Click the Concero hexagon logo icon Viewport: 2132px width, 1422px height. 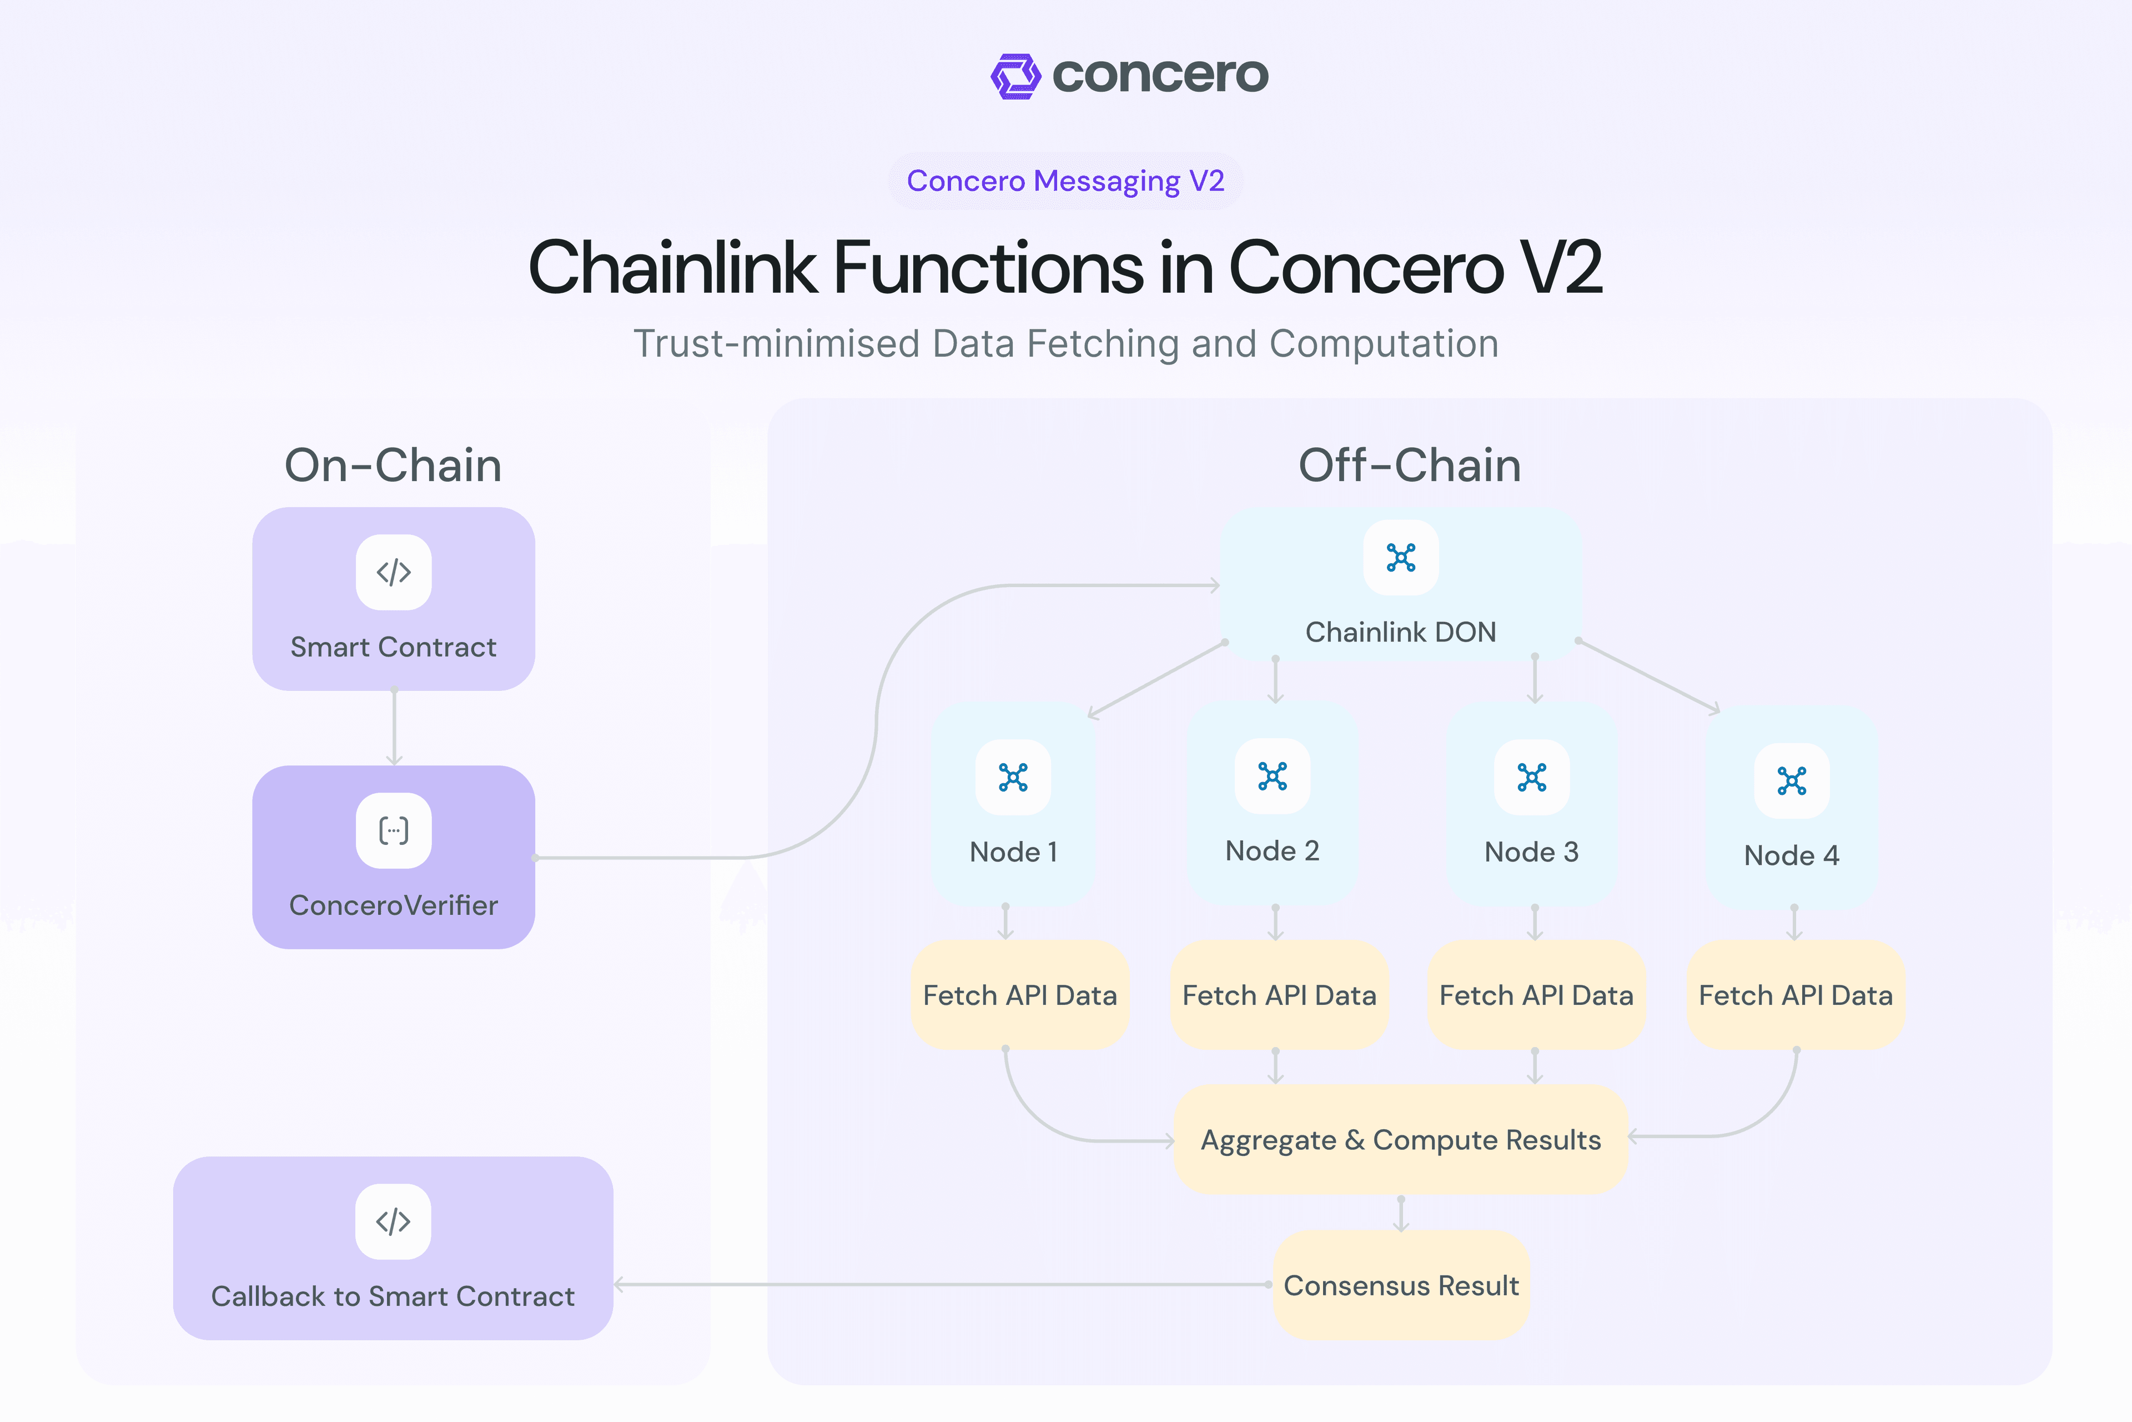1016,76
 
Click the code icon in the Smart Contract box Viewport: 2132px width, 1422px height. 394,572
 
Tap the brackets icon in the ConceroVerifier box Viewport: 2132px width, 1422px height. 394,831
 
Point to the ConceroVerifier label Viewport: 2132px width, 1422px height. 394,905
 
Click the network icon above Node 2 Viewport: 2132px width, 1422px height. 1272,777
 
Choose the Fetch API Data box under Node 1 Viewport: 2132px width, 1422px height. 1020,995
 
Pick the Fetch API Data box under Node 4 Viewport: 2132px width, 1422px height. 1795,995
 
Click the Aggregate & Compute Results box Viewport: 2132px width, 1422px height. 1400,1139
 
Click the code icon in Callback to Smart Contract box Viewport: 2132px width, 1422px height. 394,1221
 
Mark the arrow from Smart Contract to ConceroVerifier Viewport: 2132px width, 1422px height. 394,728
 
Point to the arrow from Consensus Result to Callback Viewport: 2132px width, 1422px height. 943,1284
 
